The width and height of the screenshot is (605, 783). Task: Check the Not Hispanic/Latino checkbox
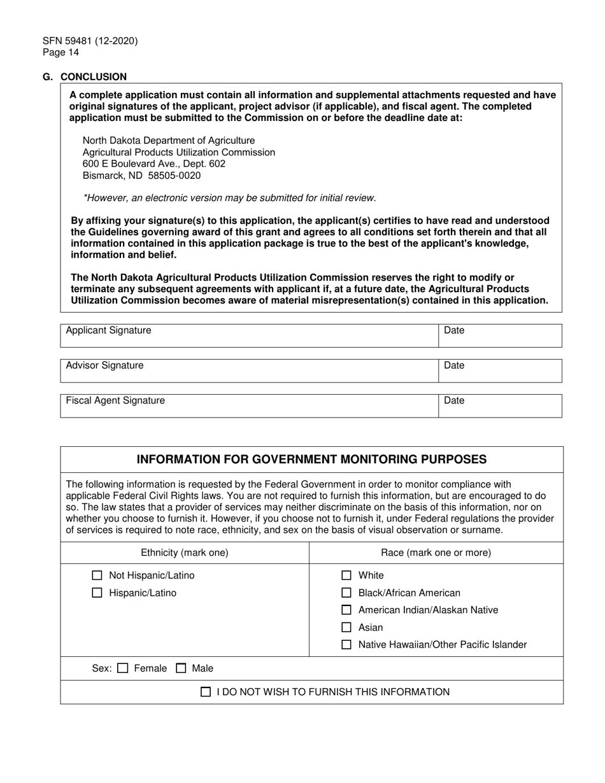(x=97, y=576)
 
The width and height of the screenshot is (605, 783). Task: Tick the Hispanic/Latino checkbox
(x=97, y=593)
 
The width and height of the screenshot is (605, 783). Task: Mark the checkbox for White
(x=346, y=576)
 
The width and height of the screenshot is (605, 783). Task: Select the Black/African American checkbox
(x=346, y=593)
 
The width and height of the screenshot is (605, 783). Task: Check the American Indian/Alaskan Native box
(x=346, y=610)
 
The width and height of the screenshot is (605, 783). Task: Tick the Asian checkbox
(x=346, y=628)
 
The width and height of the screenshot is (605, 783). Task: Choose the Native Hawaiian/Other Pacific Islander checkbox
(x=346, y=645)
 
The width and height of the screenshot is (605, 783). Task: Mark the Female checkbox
(x=124, y=668)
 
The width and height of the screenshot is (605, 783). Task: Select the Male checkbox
(x=181, y=668)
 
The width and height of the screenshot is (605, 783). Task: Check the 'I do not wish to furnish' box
(x=206, y=692)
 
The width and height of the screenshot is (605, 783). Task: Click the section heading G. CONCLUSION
(x=85, y=77)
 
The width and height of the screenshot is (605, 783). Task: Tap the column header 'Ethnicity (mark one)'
(x=185, y=553)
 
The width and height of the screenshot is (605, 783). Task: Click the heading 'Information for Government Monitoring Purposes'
(x=312, y=459)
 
